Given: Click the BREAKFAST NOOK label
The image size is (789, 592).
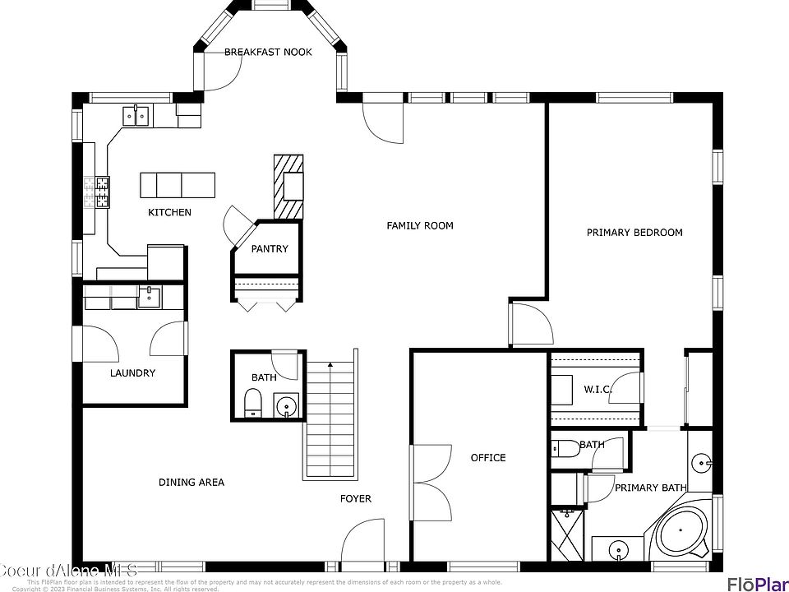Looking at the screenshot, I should (268, 52).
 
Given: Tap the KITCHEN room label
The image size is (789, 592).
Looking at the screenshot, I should (169, 212).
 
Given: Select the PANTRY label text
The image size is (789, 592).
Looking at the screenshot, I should (270, 248).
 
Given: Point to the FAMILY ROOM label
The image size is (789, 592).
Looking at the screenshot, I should (420, 225).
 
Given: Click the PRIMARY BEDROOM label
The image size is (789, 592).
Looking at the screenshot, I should (634, 233).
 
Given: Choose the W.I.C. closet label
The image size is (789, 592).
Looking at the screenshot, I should (598, 389).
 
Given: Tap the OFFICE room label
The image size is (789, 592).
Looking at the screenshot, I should (488, 457).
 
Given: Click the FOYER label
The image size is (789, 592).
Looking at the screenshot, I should (356, 498).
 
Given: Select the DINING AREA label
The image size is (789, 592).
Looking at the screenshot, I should (191, 482).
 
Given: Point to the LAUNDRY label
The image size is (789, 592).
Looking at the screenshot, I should (132, 372).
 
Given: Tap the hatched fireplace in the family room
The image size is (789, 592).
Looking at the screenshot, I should (288, 187).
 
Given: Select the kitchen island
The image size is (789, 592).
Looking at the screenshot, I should (178, 185).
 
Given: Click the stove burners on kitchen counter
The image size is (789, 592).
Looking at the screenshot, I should (102, 192).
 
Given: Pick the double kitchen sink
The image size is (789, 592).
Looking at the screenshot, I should (136, 116).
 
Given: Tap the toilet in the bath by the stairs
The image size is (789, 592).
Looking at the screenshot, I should (252, 403).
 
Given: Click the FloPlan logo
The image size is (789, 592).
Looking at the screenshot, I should (757, 583).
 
